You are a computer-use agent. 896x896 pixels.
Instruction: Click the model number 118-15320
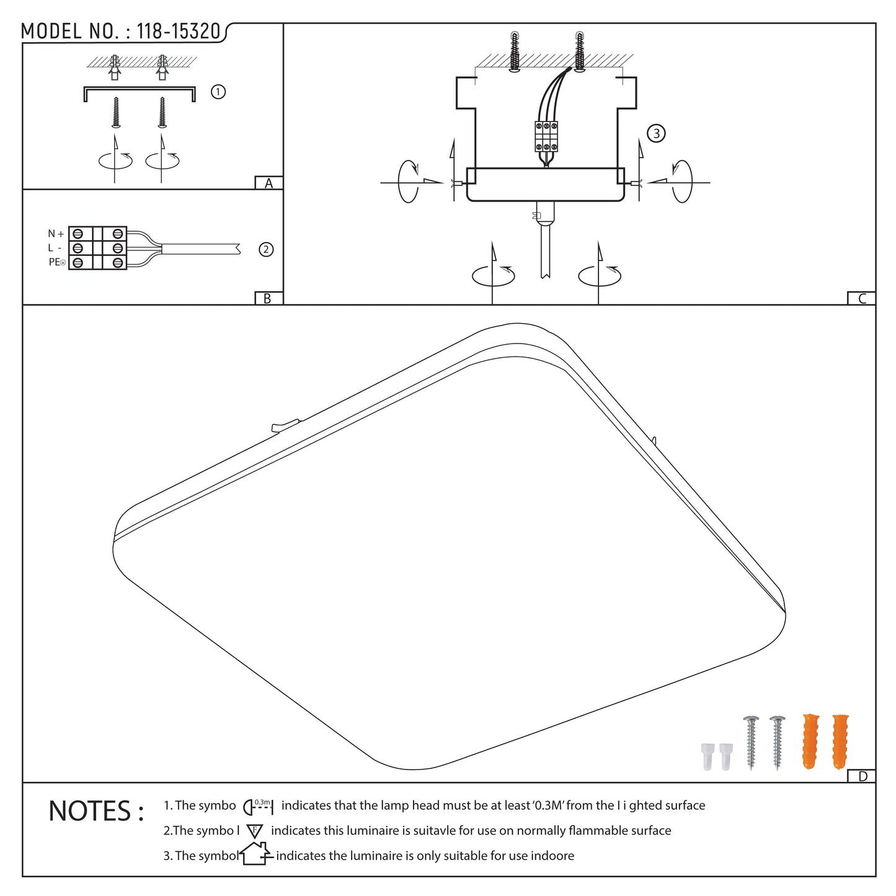coord(178,31)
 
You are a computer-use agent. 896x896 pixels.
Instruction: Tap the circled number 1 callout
coord(218,92)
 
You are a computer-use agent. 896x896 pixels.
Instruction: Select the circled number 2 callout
coord(266,250)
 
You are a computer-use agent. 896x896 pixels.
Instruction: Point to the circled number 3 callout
coord(656,133)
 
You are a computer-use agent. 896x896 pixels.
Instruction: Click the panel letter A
coord(268,183)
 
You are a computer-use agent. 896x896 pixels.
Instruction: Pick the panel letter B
coord(267,298)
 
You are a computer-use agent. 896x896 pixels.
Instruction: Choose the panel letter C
coord(862,298)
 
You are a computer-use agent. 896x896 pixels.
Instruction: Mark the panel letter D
coord(863,776)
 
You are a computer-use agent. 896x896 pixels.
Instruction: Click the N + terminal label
coord(56,233)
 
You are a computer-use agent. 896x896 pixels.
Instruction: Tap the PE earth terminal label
coord(57,262)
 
